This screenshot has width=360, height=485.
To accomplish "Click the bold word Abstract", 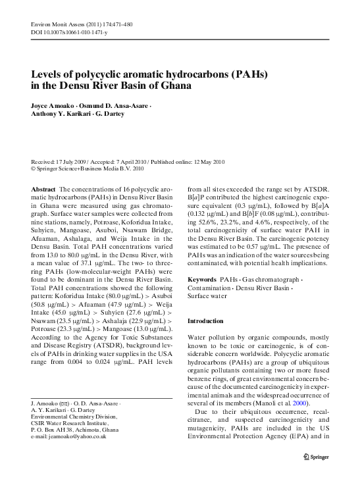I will click(43, 189).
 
